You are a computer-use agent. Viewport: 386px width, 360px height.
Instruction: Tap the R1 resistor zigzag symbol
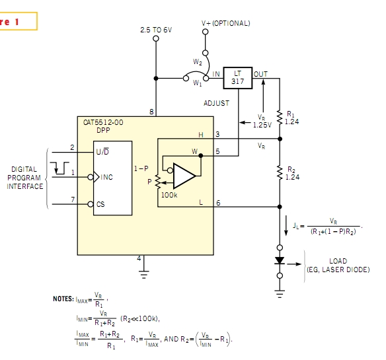[280, 118]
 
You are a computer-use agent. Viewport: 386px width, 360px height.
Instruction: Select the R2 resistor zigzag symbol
[280, 172]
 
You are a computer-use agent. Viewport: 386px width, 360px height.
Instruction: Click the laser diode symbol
[280, 261]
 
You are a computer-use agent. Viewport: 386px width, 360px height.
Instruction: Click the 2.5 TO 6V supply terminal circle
[156, 38]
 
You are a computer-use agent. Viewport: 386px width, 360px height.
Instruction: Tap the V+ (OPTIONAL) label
[226, 23]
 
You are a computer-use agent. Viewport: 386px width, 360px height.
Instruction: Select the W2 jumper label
[198, 62]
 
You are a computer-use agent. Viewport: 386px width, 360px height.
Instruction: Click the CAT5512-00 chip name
[103, 122]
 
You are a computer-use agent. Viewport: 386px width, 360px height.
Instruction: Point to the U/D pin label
[102, 151]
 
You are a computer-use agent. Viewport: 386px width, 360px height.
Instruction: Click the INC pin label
[106, 177]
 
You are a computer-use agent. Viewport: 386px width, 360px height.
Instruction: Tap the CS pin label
[100, 204]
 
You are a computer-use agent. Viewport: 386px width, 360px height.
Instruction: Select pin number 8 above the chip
[151, 112]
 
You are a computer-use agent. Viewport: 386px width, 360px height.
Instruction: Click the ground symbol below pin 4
[144, 275]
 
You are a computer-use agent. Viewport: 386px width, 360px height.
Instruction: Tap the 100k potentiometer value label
[169, 195]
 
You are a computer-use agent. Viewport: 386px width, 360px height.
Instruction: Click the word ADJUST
[216, 103]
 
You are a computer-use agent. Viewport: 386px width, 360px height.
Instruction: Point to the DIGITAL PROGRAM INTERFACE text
[24, 178]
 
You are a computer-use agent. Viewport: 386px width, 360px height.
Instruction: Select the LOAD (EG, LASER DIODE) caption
[338, 266]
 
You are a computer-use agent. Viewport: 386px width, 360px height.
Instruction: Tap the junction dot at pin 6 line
[280, 207]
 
